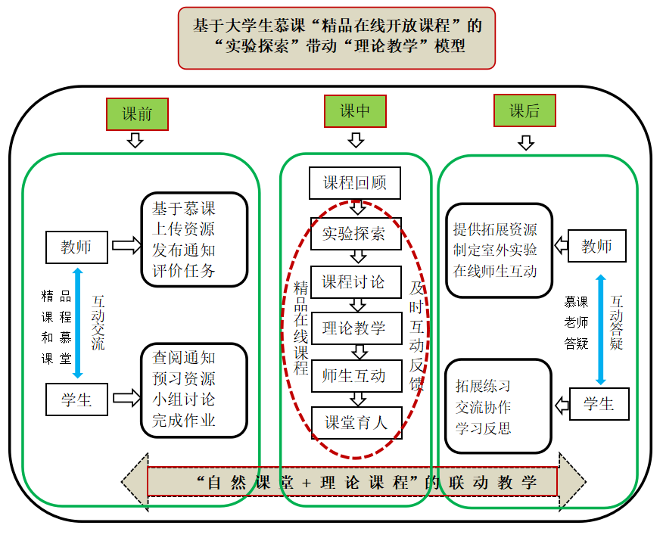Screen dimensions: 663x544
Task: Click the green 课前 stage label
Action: click(137, 114)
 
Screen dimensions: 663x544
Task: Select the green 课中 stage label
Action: click(355, 111)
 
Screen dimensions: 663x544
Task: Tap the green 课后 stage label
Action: click(524, 110)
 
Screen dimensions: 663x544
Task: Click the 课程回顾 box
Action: click(355, 183)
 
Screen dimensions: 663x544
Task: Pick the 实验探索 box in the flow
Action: click(356, 234)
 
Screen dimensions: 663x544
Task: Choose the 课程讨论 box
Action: click(356, 282)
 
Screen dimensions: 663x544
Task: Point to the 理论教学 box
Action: click(356, 328)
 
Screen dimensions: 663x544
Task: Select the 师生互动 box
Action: click(356, 376)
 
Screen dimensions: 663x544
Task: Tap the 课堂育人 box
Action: click(356, 423)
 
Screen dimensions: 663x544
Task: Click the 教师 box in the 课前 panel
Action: click(76, 247)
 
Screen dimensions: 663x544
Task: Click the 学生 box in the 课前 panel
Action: click(76, 399)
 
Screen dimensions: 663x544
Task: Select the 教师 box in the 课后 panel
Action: click(597, 246)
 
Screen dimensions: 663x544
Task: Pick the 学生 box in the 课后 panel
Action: click(599, 404)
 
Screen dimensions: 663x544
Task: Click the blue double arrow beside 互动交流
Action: click(78, 323)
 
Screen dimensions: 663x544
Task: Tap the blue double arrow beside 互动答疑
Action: click(601, 330)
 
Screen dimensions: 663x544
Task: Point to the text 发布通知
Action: click(184, 250)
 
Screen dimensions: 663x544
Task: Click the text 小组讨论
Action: click(184, 399)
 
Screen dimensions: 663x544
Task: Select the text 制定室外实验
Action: click(495, 250)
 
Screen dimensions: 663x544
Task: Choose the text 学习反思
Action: click(483, 428)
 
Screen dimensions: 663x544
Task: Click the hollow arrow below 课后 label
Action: click(526, 143)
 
